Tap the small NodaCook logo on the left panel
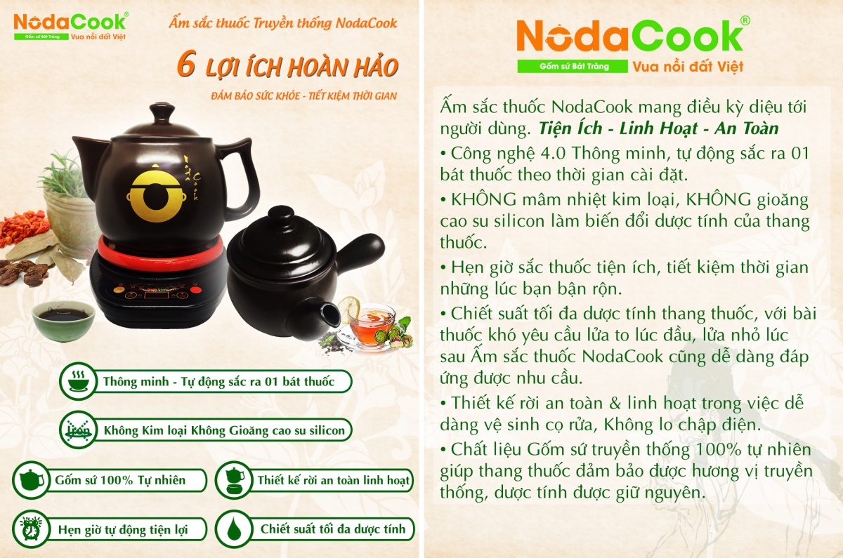point(70,20)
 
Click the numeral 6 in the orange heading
point(185,66)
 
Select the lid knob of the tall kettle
point(162,112)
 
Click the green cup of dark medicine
point(63,319)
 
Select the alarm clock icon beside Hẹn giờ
point(29,529)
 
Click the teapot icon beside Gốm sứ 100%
point(30,480)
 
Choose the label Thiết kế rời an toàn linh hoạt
point(334,480)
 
